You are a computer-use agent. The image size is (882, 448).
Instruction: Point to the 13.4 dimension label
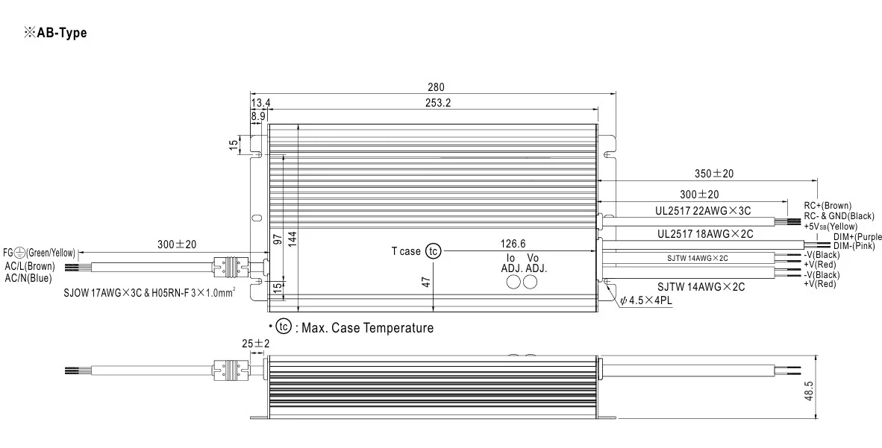pos(260,103)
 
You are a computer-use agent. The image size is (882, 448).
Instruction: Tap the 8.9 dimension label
pos(258,116)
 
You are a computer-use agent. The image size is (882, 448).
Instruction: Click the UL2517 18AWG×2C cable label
pos(705,233)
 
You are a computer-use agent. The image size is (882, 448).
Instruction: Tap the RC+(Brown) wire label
pos(828,206)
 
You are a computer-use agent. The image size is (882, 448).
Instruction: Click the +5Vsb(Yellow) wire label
pos(831,226)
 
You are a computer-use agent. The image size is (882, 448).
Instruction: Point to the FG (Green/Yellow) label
pos(39,253)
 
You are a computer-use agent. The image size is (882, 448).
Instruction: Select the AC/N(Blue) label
pos(29,277)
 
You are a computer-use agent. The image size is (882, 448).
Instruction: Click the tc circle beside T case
pos(433,251)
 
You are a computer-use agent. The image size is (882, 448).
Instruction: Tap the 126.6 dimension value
pos(512,244)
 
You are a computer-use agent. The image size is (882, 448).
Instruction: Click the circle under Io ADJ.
pos(514,283)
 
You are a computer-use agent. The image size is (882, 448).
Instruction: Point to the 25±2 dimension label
pos(256,344)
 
